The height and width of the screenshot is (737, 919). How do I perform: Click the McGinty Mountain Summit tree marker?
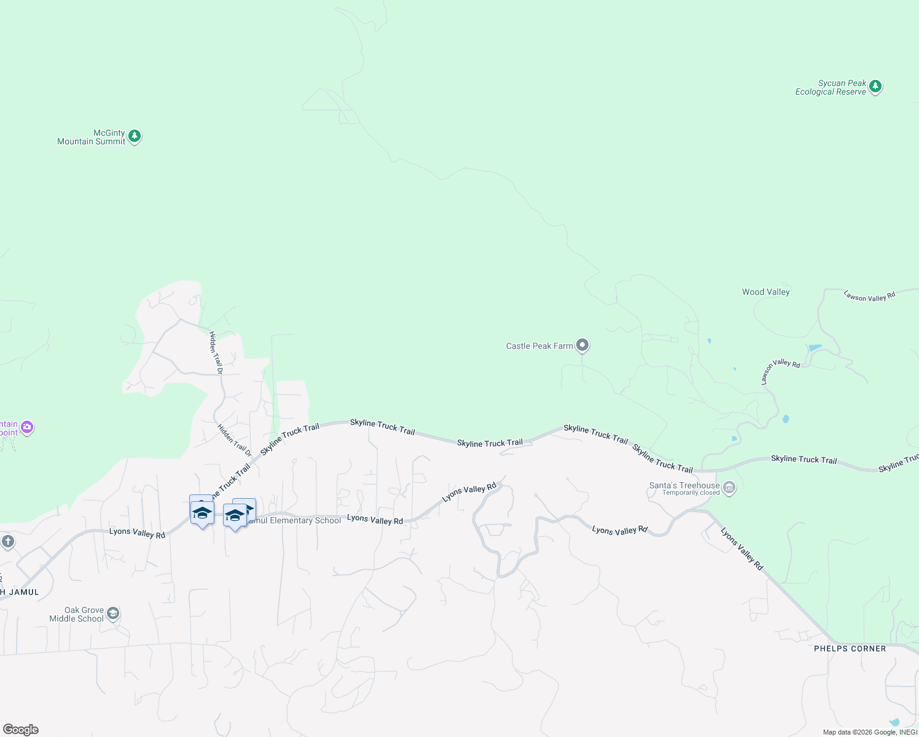tap(135, 136)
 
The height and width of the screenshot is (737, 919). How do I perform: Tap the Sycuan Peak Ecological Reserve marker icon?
tap(875, 87)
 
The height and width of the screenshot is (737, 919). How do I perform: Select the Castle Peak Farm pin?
tap(582, 345)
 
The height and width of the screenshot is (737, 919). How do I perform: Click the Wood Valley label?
tap(765, 292)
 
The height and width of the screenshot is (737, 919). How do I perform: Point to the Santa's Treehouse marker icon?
tap(729, 488)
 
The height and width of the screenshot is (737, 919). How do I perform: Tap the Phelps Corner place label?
tap(850, 649)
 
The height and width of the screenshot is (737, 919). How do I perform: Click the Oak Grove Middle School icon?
tap(113, 613)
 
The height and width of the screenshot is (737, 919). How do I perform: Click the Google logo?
tap(21, 729)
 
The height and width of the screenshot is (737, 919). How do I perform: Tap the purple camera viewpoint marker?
tap(26, 427)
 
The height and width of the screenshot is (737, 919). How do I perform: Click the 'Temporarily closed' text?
tap(690, 493)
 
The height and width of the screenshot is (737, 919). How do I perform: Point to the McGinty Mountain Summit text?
tap(92, 137)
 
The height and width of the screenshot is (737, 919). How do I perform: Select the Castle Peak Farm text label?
tap(539, 346)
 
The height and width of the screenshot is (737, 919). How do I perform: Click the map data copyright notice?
tap(869, 732)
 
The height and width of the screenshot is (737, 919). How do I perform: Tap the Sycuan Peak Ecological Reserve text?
tap(831, 87)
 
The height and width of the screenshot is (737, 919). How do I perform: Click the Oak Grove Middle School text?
tap(77, 614)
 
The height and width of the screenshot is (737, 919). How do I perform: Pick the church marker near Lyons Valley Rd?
tap(7, 542)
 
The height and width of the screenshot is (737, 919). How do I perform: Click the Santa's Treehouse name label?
tap(684, 485)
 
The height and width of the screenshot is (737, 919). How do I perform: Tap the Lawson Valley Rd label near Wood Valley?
tap(869, 296)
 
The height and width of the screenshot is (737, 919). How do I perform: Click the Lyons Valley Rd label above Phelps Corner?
tap(741, 548)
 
